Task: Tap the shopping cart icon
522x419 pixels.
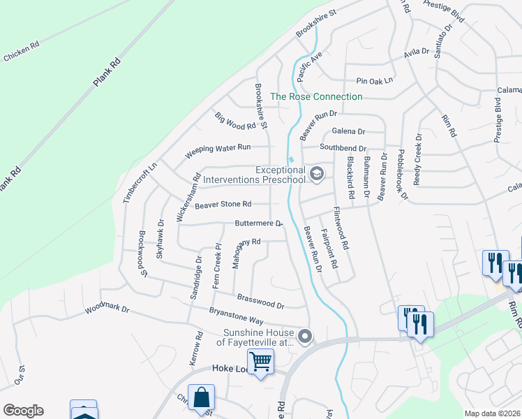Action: click(x=261, y=362)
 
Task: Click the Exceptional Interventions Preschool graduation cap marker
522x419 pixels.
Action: click(x=317, y=172)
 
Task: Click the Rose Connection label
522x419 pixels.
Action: click(x=316, y=97)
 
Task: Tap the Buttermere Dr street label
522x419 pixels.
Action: click(x=258, y=224)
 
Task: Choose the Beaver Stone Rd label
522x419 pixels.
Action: click(x=223, y=205)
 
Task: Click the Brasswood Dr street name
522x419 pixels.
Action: click(x=261, y=301)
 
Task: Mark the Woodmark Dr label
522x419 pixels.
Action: click(x=107, y=308)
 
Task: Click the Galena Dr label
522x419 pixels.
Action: click(x=348, y=131)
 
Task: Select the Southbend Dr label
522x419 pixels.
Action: click(x=343, y=148)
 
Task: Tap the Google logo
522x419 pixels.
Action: click(x=22, y=411)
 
